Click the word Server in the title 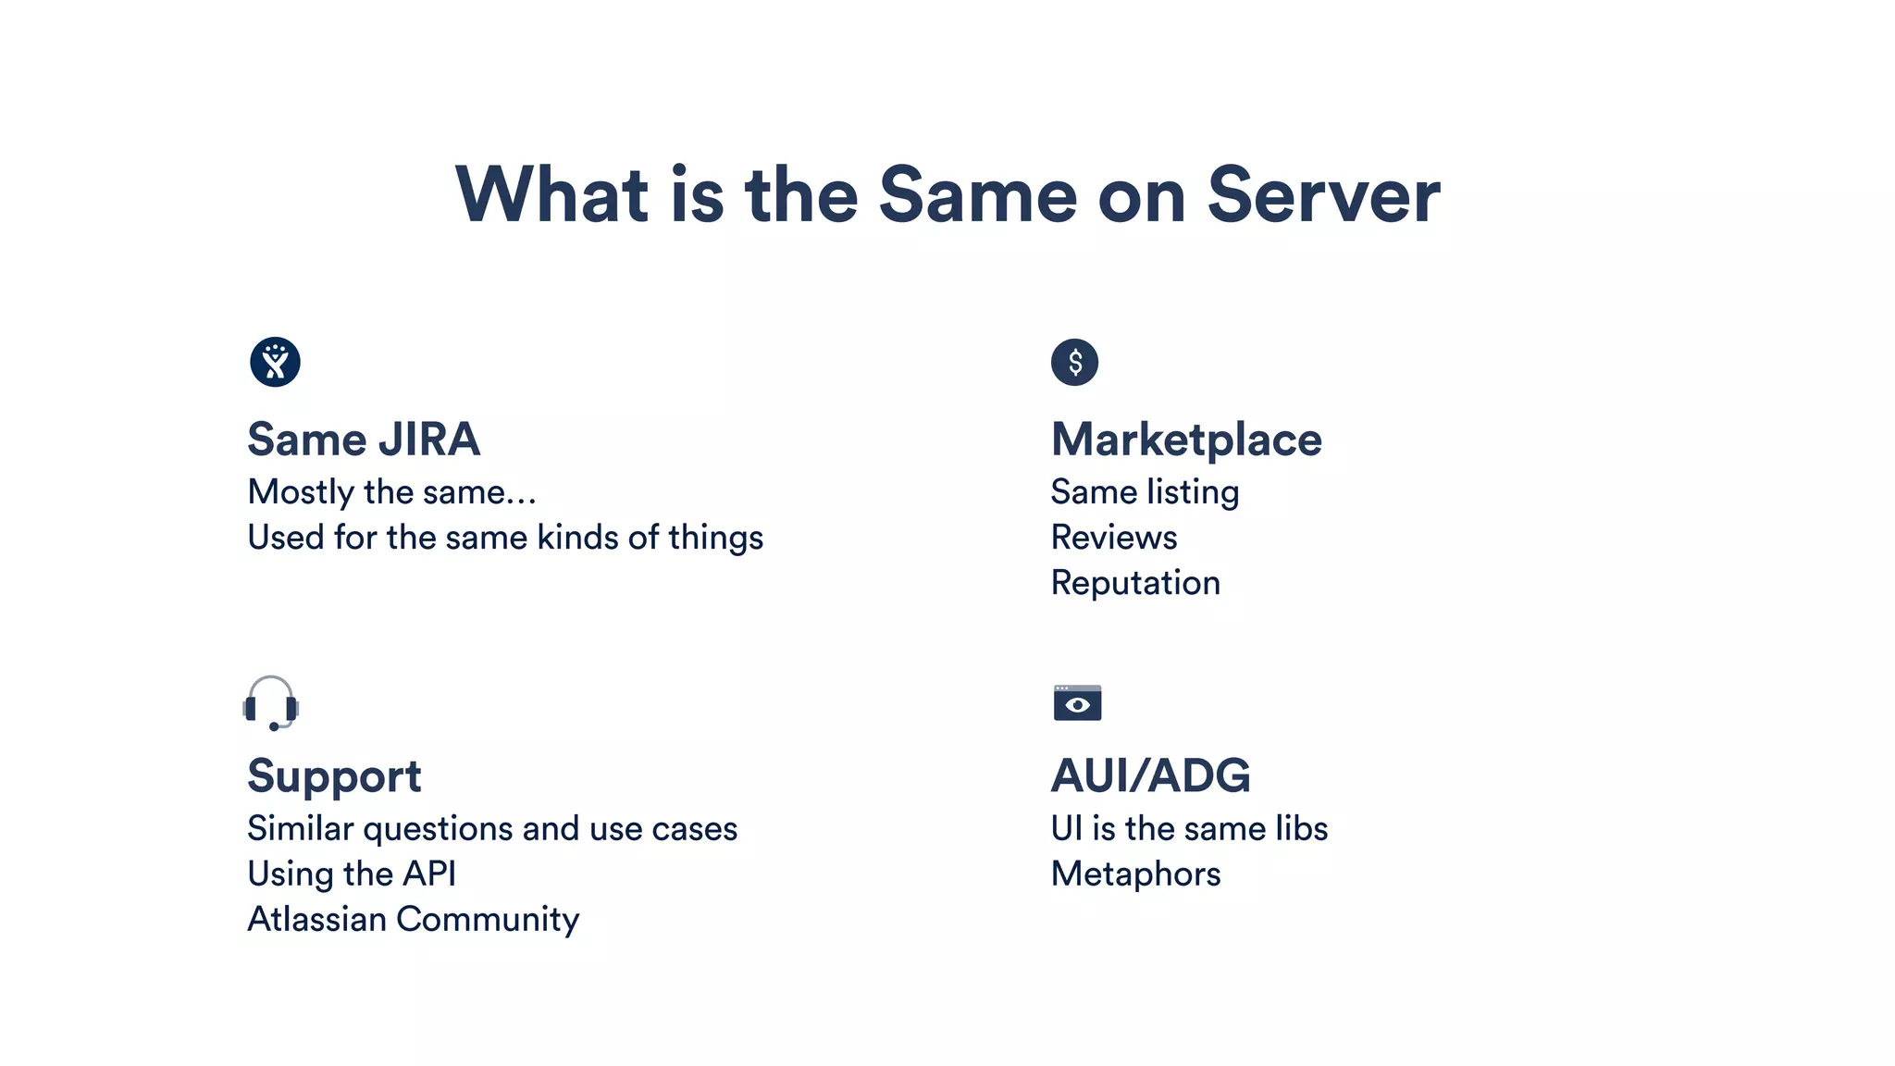click(x=1323, y=195)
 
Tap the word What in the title click(x=551, y=195)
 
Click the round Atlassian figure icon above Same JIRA click(x=275, y=362)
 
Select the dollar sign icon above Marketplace click(x=1074, y=362)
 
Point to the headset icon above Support click(x=271, y=703)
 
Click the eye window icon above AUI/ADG click(x=1077, y=702)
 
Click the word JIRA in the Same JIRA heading click(x=429, y=440)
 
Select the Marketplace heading click(x=1186, y=440)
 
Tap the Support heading click(x=334, y=776)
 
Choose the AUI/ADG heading click(x=1150, y=776)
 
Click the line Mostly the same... click(x=391, y=492)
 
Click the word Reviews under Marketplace click(x=1114, y=538)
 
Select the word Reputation click(x=1135, y=583)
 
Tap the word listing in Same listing click(x=1193, y=492)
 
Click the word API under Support click(x=430, y=874)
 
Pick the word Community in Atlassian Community click(x=488, y=919)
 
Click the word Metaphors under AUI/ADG click(x=1135, y=874)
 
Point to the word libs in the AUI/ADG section click(x=1301, y=828)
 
